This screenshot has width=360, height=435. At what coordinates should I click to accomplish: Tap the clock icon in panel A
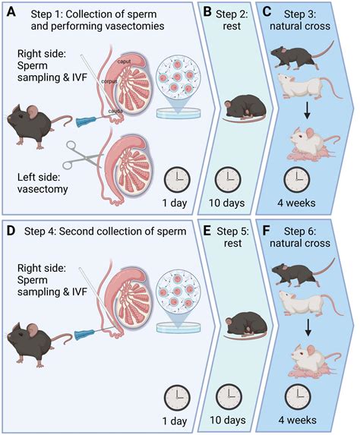click(x=178, y=180)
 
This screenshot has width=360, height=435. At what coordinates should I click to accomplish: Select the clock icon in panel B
click(x=227, y=180)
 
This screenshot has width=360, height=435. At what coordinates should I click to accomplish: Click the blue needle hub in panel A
click(x=86, y=119)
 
